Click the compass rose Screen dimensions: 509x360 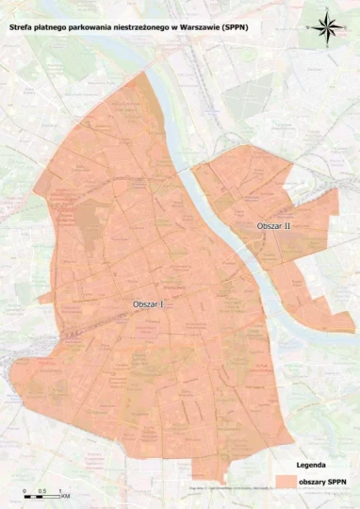coord(327,25)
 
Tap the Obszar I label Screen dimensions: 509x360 coord(149,304)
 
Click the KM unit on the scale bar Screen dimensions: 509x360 coord(66,496)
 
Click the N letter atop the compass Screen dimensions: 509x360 coord(327,10)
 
